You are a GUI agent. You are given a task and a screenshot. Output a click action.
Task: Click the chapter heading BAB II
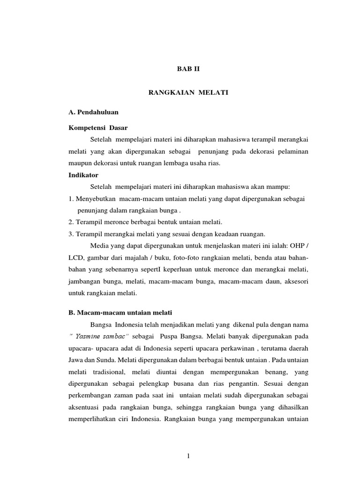(x=188, y=68)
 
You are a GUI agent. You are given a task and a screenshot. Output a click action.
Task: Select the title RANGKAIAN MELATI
(x=188, y=93)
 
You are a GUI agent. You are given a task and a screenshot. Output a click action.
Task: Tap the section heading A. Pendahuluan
(x=93, y=112)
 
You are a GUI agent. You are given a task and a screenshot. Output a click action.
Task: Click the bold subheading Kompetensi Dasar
(x=98, y=127)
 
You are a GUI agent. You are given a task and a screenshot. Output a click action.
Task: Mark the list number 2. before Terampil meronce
(x=70, y=221)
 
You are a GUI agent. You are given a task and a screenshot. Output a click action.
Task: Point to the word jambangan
(x=88, y=282)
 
